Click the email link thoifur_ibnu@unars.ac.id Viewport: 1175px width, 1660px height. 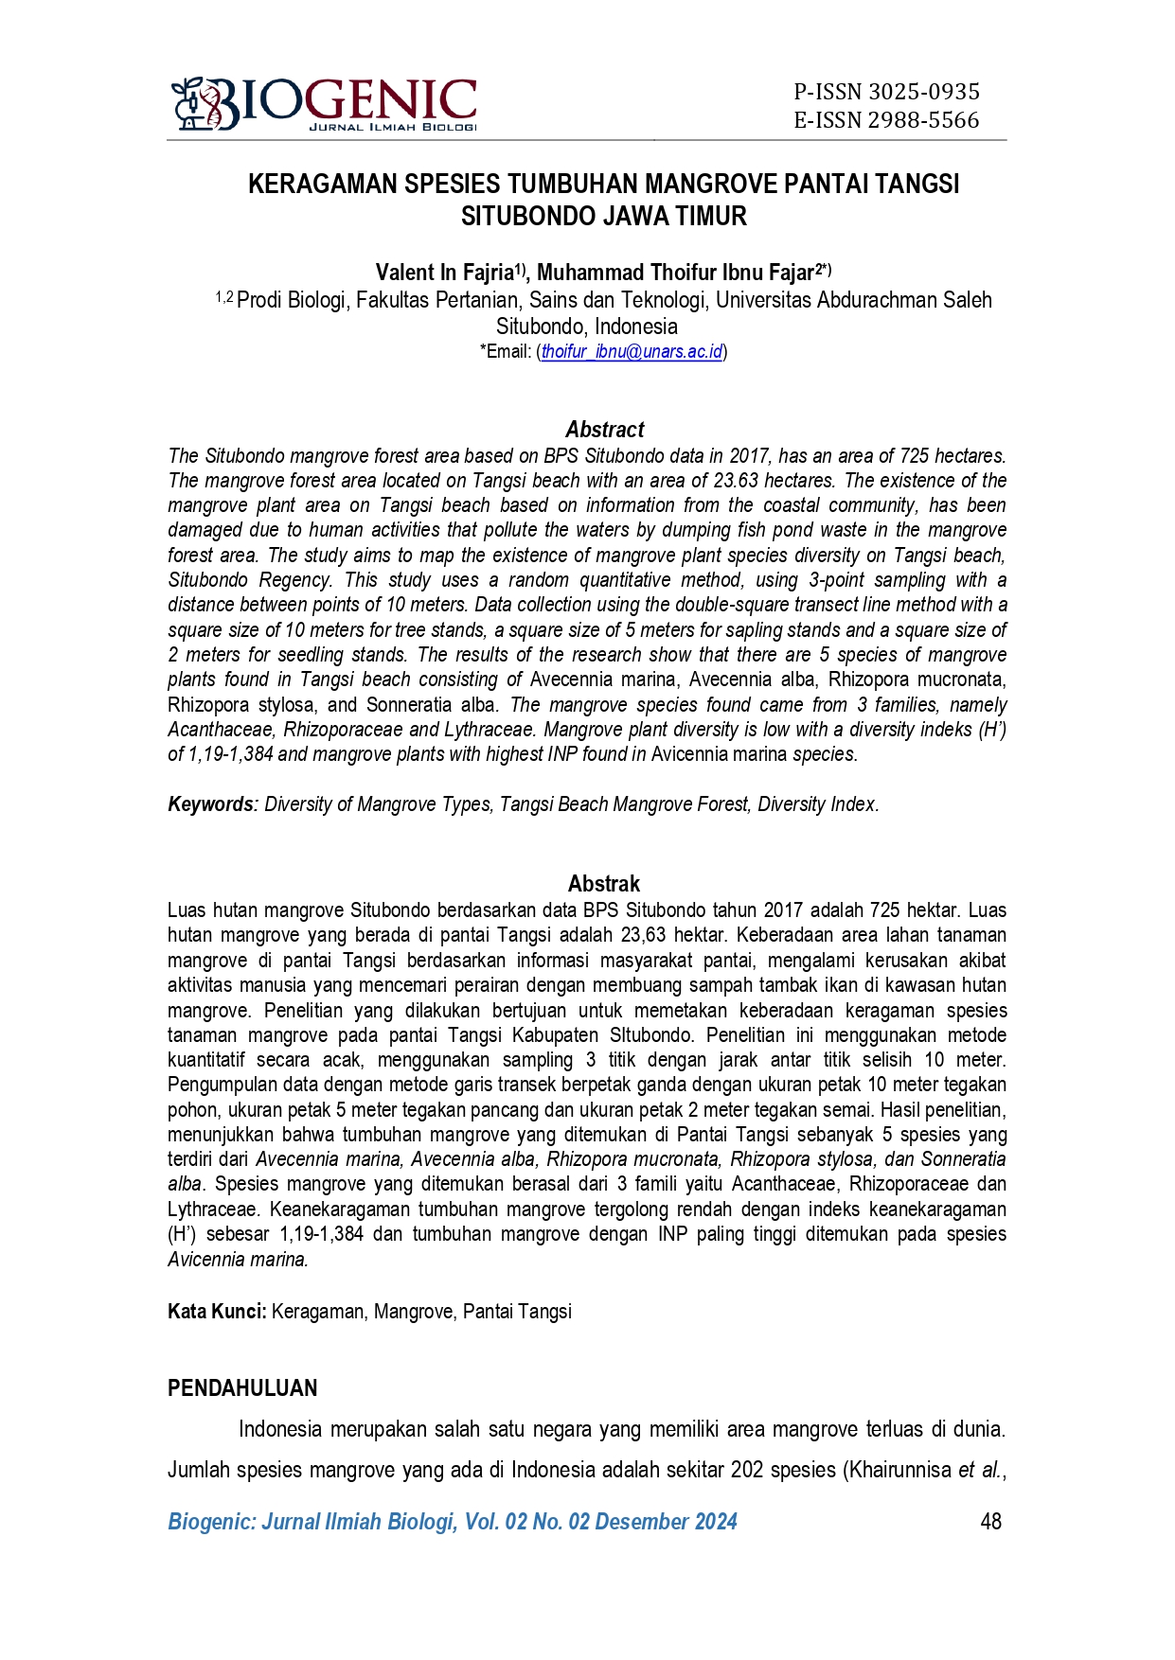[x=632, y=352]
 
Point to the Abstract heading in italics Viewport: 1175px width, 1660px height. [x=604, y=430]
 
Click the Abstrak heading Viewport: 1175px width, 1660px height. [x=603, y=884]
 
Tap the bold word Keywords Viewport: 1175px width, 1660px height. [x=212, y=804]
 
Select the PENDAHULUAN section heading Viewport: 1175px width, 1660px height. [x=242, y=1388]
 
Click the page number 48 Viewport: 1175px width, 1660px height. [x=990, y=1522]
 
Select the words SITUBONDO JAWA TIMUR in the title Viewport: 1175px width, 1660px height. [x=603, y=217]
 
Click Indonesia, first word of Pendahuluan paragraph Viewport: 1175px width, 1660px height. [x=279, y=1428]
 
